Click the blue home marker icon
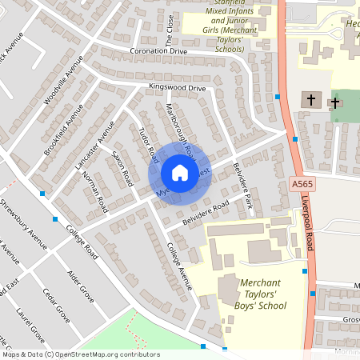coord(180,172)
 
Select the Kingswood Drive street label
coord(177,87)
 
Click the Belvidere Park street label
coord(243,187)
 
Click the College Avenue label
coord(180,267)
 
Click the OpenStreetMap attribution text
coord(80,354)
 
